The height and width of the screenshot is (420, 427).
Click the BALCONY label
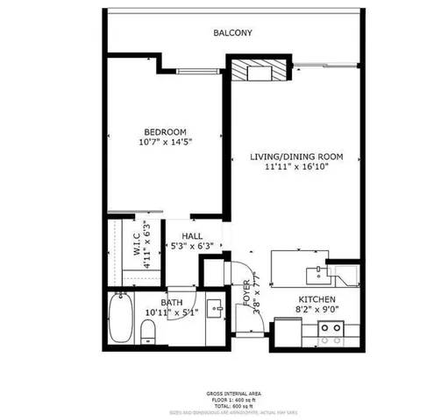click(233, 33)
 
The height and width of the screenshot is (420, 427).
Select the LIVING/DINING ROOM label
click(295, 157)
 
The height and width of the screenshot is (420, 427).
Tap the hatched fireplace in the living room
click(260, 71)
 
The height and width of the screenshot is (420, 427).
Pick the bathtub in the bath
click(120, 319)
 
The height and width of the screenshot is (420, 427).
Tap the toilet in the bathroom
click(148, 331)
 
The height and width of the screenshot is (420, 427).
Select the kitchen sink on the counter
click(313, 273)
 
